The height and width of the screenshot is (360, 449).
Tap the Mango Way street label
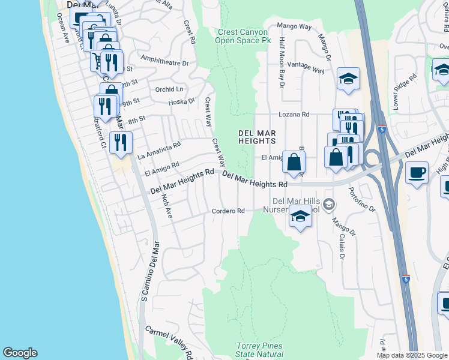[x=294, y=26]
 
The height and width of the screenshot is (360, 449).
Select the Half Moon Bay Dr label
[x=282, y=62]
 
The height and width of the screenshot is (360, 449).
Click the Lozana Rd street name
[x=294, y=114]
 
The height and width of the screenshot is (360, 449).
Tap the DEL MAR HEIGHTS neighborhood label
[x=257, y=137]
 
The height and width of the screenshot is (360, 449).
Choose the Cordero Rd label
[x=228, y=211]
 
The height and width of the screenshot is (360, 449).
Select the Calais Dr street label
[x=342, y=247]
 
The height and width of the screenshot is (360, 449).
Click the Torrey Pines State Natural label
[x=259, y=350]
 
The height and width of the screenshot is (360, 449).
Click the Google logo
[x=20, y=353]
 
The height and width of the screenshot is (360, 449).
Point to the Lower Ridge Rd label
[x=405, y=91]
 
